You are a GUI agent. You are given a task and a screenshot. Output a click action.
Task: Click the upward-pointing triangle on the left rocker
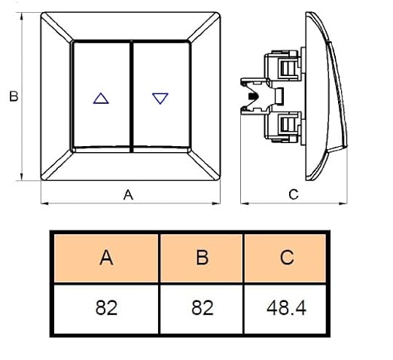[x=101, y=99]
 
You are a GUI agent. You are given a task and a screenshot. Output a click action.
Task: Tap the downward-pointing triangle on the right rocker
[x=160, y=98]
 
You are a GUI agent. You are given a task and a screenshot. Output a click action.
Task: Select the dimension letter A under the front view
[x=128, y=195]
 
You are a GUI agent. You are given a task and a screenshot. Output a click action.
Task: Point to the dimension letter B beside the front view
[x=14, y=96]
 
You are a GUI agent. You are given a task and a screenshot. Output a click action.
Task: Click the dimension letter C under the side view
[x=294, y=194]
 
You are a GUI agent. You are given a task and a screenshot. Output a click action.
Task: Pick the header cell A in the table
[x=106, y=258]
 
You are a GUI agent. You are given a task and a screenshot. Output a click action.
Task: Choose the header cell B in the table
[x=202, y=258]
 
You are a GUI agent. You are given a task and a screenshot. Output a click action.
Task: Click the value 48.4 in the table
[x=286, y=308]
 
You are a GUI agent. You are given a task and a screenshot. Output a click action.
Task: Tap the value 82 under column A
[x=106, y=308]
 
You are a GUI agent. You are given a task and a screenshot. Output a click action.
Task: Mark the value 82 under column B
[x=203, y=308]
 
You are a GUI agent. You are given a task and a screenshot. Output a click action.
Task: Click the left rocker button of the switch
[x=102, y=95]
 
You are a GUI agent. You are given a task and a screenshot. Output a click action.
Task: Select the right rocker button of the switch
[x=161, y=95]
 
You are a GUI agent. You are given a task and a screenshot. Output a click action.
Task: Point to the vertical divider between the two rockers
[x=132, y=96]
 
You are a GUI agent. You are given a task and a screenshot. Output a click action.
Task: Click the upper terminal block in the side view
[x=283, y=66]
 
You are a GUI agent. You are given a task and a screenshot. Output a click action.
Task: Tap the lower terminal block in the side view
[x=283, y=127]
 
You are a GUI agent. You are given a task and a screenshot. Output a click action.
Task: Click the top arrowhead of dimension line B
[x=22, y=16]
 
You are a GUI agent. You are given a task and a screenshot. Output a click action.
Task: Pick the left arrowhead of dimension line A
[x=44, y=203]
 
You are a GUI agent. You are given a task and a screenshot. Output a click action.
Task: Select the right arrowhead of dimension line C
[x=343, y=203]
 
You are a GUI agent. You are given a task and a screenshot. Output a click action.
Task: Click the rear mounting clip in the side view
[x=254, y=96]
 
